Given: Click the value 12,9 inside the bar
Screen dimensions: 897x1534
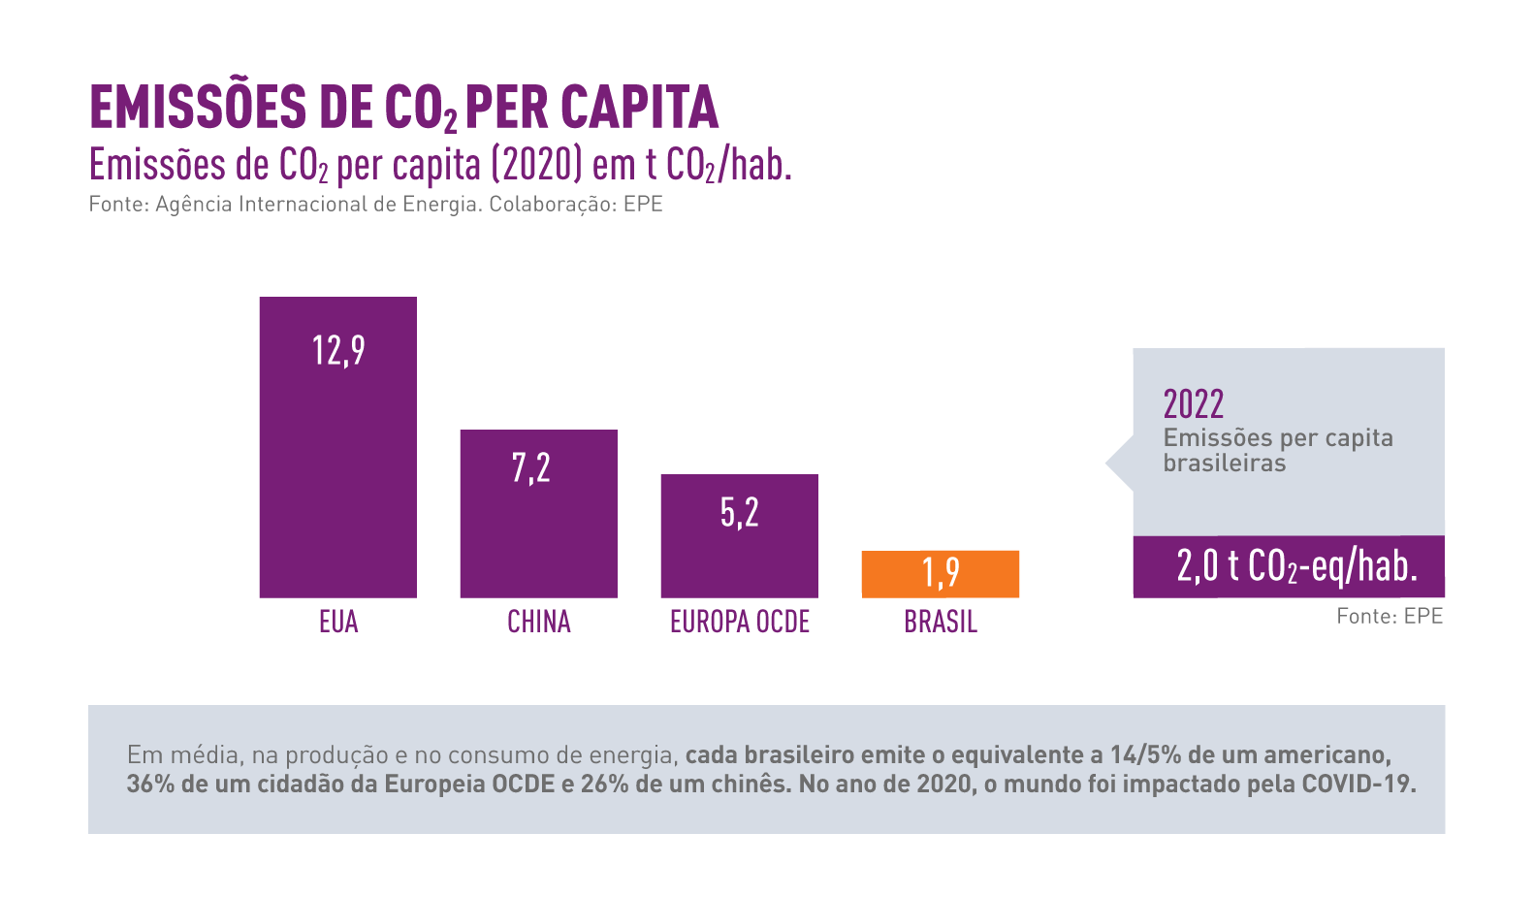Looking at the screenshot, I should [338, 350].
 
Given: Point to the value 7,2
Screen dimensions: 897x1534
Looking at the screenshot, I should [531, 468].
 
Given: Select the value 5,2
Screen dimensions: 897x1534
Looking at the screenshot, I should [739, 513].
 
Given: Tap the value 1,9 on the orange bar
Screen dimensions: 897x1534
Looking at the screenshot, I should [941, 572].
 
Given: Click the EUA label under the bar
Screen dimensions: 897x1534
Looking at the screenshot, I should [338, 622].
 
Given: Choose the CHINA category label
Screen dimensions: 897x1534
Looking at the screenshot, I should [538, 622].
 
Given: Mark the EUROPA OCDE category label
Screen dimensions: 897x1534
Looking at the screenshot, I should [739, 622].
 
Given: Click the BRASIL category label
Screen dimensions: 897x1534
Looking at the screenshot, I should [940, 622].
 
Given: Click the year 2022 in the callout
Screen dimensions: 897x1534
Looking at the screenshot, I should [1193, 403].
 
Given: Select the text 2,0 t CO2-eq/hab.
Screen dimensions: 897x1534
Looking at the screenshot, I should [1296, 566].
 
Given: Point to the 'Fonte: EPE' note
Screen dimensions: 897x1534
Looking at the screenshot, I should [1389, 617].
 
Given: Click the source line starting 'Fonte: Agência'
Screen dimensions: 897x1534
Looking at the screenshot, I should [375, 205].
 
